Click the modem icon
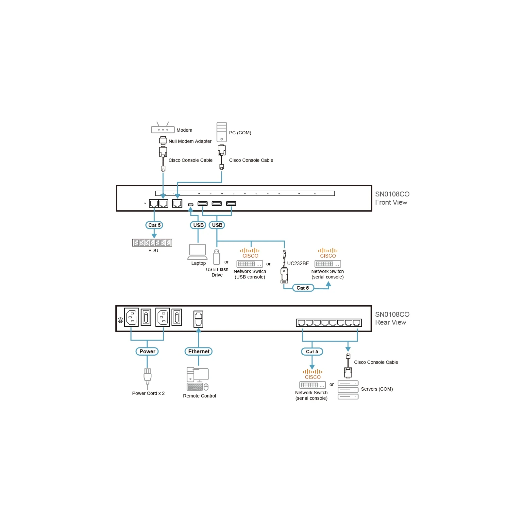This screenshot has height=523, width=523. tap(163, 128)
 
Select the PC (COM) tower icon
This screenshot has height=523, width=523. tap(222, 132)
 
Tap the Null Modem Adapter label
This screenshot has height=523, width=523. tap(190, 141)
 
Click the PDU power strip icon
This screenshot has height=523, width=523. tap(152, 243)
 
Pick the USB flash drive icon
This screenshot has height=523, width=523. tap(216, 257)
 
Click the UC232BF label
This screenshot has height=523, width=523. tap(298, 263)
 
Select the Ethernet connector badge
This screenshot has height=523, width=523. tap(199, 351)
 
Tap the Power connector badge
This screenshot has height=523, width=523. tap(147, 351)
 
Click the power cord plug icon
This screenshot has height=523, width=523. tap(147, 377)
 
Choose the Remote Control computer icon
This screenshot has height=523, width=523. tap(198, 379)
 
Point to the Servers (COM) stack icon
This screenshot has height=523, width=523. tap(348, 390)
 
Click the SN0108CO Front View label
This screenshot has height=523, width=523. tap(392, 198)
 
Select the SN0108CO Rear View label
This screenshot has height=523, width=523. tap(392, 318)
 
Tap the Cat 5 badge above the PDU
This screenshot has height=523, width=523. tap(154, 225)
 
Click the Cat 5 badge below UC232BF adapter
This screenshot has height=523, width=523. tap(303, 288)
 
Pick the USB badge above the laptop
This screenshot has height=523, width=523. tap(198, 225)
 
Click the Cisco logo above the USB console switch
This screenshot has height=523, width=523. tap(250, 253)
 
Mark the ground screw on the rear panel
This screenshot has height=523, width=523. tap(120, 320)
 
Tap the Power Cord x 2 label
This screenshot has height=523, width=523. tap(148, 393)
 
